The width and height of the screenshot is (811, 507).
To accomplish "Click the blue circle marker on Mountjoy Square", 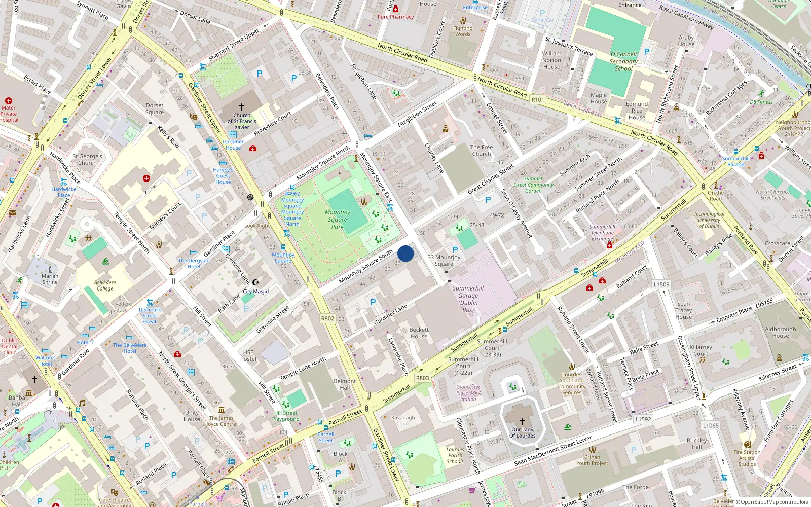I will pyautogui.click(x=405, y=253).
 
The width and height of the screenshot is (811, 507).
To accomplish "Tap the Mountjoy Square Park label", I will pyautogui.click(x=338, y=220).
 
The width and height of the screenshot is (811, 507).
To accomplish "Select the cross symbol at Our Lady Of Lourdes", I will pyautogui.click(x=523, y=421).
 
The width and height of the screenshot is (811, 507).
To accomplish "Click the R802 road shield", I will pyautogui.click(x=327, y=318).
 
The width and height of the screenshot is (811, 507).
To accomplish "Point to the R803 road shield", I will pyautogui.click(x=422, y=378).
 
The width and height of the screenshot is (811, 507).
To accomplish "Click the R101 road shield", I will pyautogui.click(x=538, y=100).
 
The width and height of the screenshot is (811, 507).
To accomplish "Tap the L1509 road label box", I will pyautogui.click(x=661, y=284).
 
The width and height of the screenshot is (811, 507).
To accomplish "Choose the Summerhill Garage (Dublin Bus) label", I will pyautogui.click(x=468, y=299).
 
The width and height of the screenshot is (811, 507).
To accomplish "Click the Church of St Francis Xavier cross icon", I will pyautogui.click(x=242, y=107).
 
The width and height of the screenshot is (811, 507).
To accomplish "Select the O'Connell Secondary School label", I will pyautogui.click(x=623, y=61).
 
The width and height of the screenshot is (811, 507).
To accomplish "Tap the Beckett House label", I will pyautogui.click(x=419, y=333).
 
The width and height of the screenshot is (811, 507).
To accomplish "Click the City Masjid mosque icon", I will pyautogui.click(x=256, y=282).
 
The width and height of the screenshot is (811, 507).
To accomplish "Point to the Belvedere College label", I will pyautogui.click(x=105, y=285).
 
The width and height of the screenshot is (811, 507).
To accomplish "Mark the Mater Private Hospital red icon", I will pyautogui.click(x=8, y=101).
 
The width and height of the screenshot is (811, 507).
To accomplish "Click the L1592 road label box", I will pyautogui.click(x=643, y=419).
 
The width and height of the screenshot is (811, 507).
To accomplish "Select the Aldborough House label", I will pyautogui.click(x=780, y=332).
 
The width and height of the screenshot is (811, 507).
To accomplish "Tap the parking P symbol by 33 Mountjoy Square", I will pyautogui.click(x=455, y=249).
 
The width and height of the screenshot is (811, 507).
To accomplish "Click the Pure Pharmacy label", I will pyautogui.click(x=395, y=17).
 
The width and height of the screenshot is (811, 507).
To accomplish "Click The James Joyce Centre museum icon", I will pyautogui.click(x=221, y=410).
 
